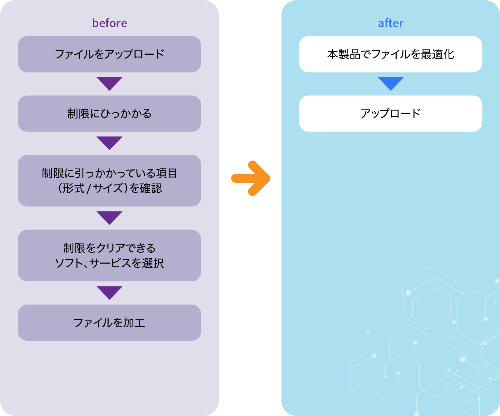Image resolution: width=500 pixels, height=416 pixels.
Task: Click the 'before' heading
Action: (109, 23)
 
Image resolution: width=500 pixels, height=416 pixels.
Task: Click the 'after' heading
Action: (391, 23)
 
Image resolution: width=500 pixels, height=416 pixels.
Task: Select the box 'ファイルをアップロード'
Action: (109, 54)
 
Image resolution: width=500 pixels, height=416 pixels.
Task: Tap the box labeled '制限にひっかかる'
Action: (109, 114)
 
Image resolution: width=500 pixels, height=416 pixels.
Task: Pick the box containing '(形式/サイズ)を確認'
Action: (109, 181)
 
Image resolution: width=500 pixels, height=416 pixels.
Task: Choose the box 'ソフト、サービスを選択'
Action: (109, 256)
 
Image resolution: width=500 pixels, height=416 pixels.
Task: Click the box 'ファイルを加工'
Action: (109, 323)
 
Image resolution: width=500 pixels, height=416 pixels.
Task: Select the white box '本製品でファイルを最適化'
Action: (391, 54)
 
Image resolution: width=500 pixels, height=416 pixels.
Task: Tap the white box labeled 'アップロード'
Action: (391, 114)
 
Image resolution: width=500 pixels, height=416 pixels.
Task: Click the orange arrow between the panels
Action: (251, 178)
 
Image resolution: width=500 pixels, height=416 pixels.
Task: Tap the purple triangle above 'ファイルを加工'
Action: (109, 292)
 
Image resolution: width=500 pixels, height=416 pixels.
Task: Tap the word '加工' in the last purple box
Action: (134, 323)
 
